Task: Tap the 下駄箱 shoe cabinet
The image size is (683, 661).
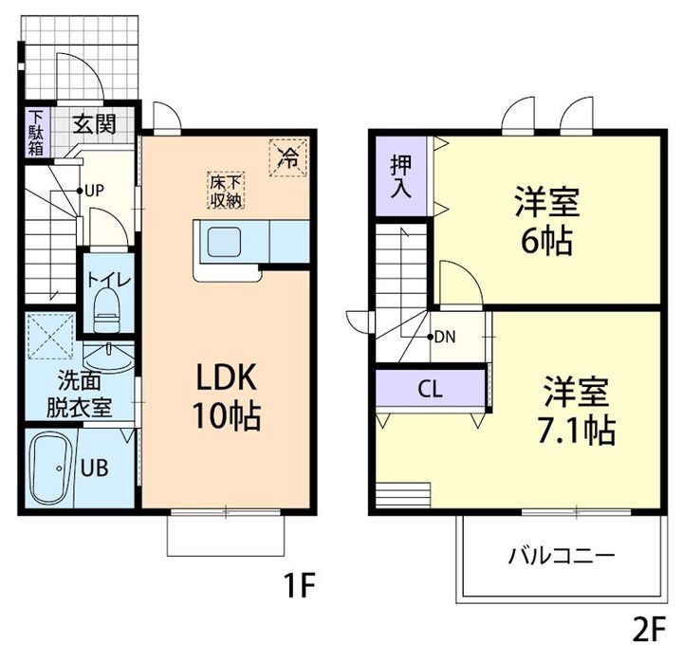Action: (35, 132)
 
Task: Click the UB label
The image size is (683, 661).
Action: (94, 467)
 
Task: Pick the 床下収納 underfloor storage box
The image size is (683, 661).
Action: (228, 191)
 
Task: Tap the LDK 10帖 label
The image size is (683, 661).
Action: (228, 398)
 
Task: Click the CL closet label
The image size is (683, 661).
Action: (430, 387)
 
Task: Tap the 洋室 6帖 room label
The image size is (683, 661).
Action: (546, 222)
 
